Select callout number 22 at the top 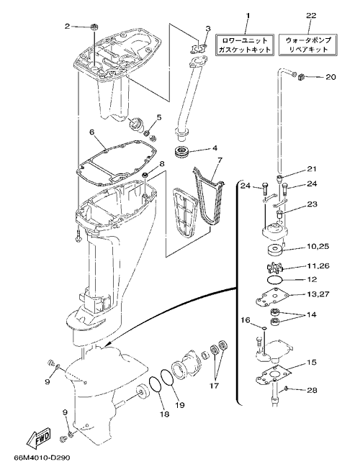[311, 15]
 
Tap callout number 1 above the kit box [248, 15]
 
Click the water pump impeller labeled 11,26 [275, 268]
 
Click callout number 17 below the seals [214, 386]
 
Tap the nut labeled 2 [93, 27]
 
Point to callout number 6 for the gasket [92, 132]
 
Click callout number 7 [219, 160]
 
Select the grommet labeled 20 [300, 78]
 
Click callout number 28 [312, 390]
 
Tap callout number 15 [312, 362]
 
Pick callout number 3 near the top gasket [208, 29]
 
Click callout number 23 [312, 204]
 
